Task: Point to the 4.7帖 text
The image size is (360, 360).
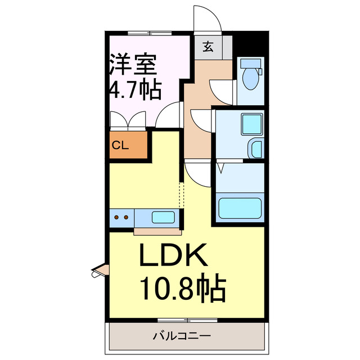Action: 134,90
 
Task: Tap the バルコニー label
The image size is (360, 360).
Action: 181,336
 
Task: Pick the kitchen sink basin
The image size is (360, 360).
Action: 164,217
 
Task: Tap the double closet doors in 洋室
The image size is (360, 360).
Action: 128,119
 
